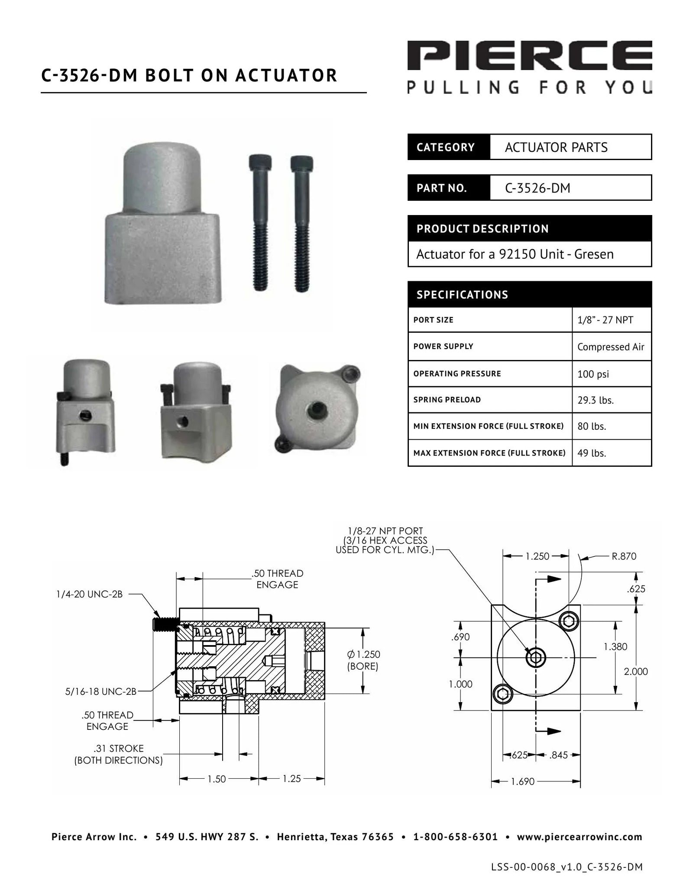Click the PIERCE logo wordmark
coord(529,55)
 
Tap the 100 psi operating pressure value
coord(593,374)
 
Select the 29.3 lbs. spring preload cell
coord(595,400)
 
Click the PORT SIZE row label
coord(433,320)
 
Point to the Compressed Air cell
coord(610,347)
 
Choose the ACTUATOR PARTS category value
coord(556,148)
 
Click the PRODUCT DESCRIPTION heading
coord(482,229)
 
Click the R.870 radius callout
coord(624,556)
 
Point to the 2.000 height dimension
coord(635,671)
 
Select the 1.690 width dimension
coord(522,781)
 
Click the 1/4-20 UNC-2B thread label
coord(89,594)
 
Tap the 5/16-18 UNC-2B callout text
coord(100,692)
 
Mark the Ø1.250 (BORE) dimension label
coord(363,660)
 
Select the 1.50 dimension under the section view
coord(217,779)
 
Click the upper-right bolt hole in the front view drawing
coord(568,622)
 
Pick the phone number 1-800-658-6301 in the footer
coord(455,837)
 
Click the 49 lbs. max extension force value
coord(591,453)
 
